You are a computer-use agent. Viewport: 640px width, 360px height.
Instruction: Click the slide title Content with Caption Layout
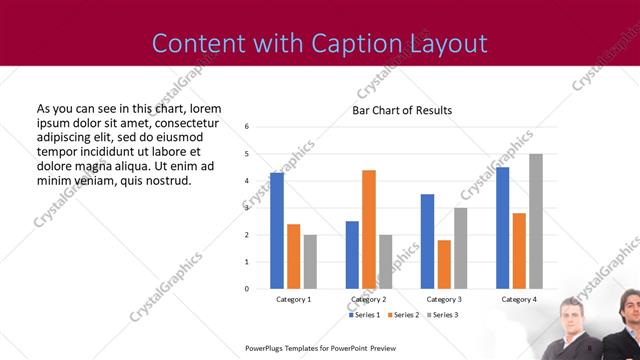pos(320,43)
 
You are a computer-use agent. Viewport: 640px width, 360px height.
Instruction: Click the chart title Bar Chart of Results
pos(402,110)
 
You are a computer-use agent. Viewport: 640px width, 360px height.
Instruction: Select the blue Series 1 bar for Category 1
pos(277,230)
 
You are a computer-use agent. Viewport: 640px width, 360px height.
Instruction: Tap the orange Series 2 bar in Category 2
pos(368,229)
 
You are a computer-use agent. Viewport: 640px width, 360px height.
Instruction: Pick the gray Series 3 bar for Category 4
pos(535,221)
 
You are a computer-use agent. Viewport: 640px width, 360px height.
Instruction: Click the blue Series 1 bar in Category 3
pos(427,241)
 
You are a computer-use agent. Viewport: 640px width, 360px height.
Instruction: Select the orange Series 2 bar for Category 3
pos(443,264)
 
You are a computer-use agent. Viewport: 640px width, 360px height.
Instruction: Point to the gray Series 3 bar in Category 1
pos(310,261)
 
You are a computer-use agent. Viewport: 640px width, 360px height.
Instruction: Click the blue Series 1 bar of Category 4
pos(502,227)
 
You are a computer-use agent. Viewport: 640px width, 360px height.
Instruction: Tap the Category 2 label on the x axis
pos(369,299)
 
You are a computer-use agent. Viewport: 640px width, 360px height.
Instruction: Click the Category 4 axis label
pos(518,299)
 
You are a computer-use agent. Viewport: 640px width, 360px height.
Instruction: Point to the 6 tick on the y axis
pos(247,127)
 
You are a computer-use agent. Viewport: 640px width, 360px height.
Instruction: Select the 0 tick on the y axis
pos(247,288)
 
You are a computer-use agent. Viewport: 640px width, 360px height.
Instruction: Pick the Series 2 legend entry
pos(404,315)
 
